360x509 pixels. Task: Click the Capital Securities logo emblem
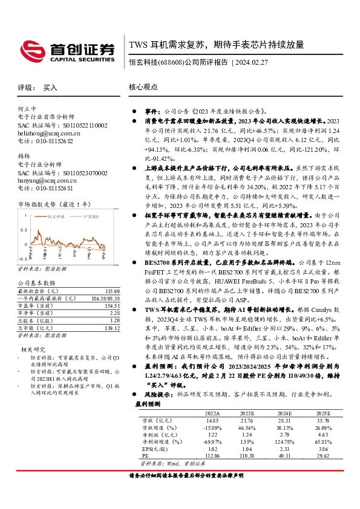tap(30, 48)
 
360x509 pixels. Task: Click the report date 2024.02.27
tap(251, 62)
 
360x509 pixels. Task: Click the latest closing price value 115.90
tap(112, 291)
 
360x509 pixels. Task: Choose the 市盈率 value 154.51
tap(112, 306)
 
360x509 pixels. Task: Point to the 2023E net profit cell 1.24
tap(248, 435)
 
